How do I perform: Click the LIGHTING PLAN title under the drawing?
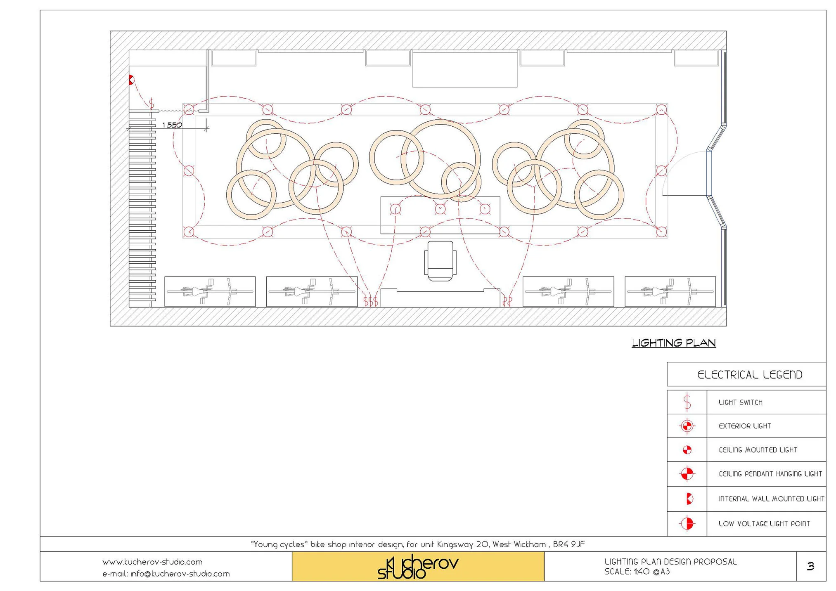(x=673, y=343)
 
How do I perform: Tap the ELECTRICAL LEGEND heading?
(x=749, y=375)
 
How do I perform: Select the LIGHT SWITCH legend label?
(x=740, y=402)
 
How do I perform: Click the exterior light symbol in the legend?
(x=687, y=426)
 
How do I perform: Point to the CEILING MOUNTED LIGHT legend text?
(x=758, y=450)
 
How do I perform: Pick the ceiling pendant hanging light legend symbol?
(x=687, y=474)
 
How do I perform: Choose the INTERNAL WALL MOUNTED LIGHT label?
(x=771, y=499)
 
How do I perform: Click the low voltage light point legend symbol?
(x=687, y=523)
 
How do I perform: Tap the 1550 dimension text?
(x=172, y=125)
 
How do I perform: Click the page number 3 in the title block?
(x=810, y=566)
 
